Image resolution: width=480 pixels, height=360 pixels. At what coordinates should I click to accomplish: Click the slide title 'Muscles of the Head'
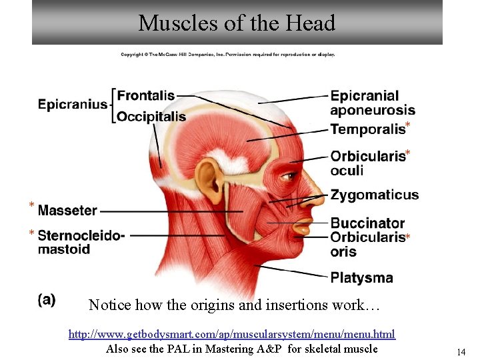[x=237, y=23]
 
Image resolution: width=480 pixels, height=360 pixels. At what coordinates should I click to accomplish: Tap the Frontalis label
[x=145, y=96]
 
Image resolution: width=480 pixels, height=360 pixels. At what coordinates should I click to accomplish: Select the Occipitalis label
[x=151, y=117]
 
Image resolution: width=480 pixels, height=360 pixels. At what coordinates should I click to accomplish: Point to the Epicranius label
[x=72, y=104]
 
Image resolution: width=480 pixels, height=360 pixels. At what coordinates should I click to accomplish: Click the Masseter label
[x=67, y=211]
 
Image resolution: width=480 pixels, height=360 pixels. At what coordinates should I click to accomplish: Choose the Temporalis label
[x=367, y=129]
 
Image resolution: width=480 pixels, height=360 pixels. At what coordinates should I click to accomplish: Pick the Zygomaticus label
[x=374, y=195]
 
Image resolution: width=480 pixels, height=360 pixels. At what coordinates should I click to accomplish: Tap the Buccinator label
[x=367, y=223]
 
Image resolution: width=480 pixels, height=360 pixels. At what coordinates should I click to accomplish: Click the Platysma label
[x=361, y=277]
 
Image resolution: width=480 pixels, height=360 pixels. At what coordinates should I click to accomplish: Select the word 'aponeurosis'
[x=372, y=111]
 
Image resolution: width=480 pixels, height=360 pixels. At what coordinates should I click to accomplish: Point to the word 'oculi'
[x=347, y=171]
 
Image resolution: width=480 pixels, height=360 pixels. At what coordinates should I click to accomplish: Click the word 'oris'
[x=343, y=251]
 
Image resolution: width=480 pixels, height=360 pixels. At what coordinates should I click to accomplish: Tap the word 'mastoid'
[x=64, y=249]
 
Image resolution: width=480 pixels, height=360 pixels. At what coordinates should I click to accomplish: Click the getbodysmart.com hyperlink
[x=231, y=334]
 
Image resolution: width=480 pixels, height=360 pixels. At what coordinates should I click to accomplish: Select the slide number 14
[x=460, y=352]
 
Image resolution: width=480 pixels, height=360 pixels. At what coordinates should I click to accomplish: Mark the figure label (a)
[x=47, y=299]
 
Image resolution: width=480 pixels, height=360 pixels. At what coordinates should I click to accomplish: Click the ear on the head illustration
[x=208, y=178]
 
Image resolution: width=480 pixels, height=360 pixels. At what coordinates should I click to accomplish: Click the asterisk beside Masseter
[x=31, y=204]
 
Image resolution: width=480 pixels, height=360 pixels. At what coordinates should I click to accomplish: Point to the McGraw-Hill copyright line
[x=227, y=55]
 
